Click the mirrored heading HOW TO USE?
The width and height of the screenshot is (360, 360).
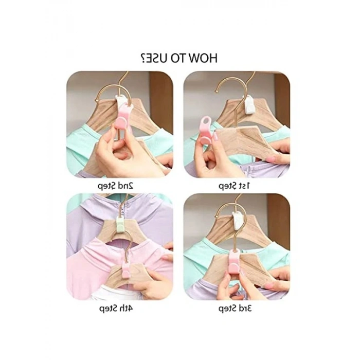click(179, 58)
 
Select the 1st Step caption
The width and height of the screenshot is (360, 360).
click(233, 186)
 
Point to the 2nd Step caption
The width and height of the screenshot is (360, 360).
click(116, 186)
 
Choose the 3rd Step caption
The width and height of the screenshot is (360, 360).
click(235, 308)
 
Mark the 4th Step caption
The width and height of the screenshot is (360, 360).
click(116, 308)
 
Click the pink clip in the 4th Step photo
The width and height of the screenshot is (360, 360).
click(126, 269)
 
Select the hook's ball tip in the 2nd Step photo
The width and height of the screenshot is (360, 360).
click(97, 100)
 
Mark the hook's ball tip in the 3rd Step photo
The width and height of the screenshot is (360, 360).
click(216, 216)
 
